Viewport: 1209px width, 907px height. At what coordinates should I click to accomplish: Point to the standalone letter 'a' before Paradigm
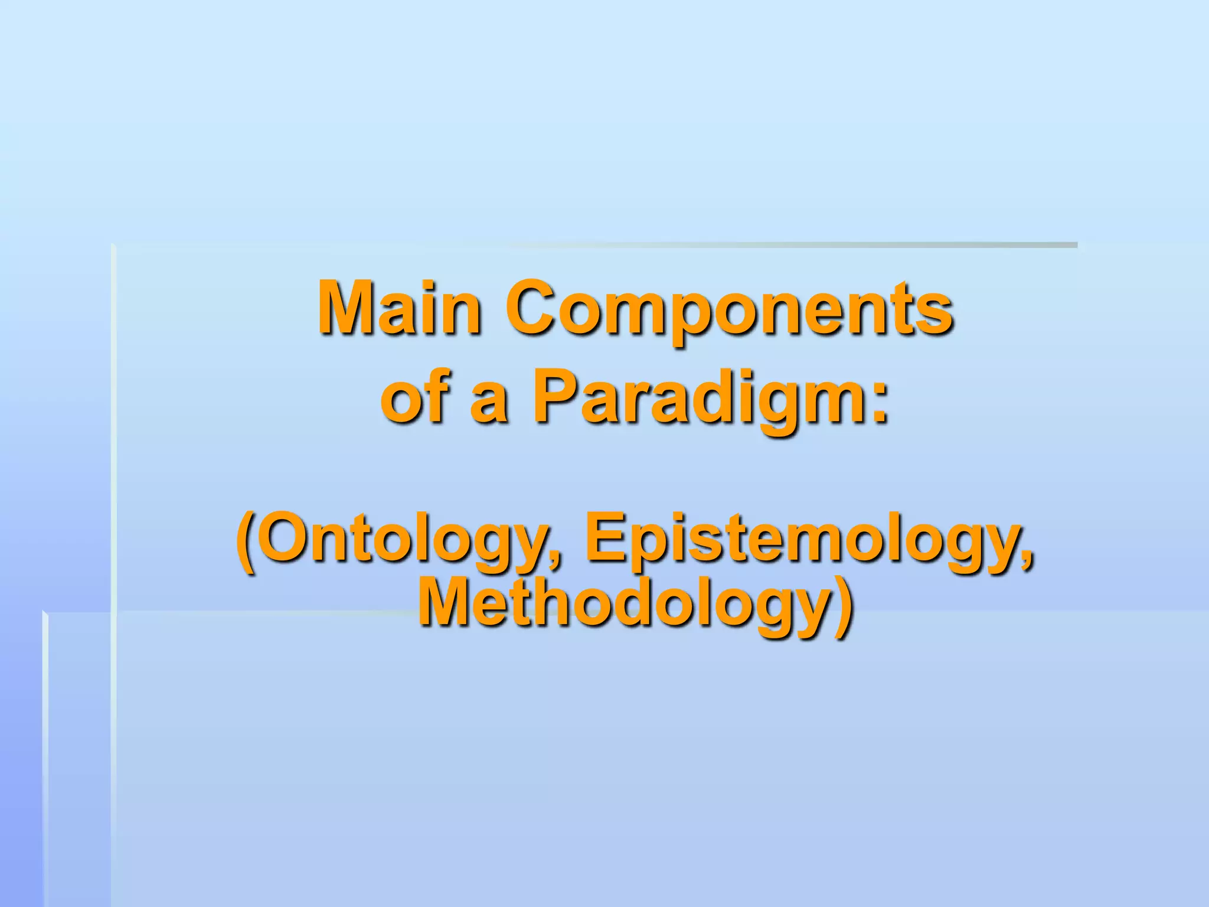pos(489,402)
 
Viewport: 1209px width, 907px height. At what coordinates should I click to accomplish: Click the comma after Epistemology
pos(1027,559)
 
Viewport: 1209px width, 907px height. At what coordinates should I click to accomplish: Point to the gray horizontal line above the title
pos(767,244)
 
